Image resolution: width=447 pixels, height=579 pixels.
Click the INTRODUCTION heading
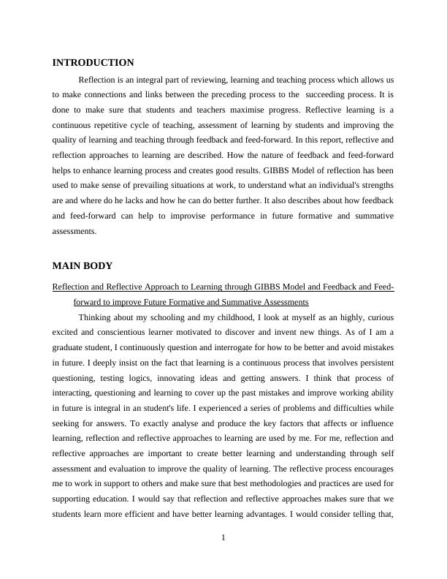93,63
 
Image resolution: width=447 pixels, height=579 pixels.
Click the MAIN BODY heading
83,266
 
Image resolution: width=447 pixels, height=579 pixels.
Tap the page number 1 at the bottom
223,539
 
